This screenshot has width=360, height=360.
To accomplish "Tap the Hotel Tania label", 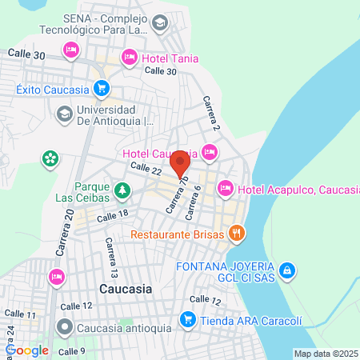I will [170, 58].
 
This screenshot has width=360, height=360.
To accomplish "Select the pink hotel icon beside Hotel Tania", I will [130, 57].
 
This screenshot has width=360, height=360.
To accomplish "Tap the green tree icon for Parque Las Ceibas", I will [122, 190].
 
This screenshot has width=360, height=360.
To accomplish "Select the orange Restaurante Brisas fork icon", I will [235, 234].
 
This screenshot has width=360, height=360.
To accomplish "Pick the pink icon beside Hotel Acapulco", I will [225, 189].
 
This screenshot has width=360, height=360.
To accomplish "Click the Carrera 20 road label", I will [66, 233].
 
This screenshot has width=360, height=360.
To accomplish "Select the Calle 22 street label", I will [146, 169].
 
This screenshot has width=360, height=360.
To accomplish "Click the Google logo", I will [28, 350].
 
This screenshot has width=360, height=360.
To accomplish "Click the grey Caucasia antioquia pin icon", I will [65, 327].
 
